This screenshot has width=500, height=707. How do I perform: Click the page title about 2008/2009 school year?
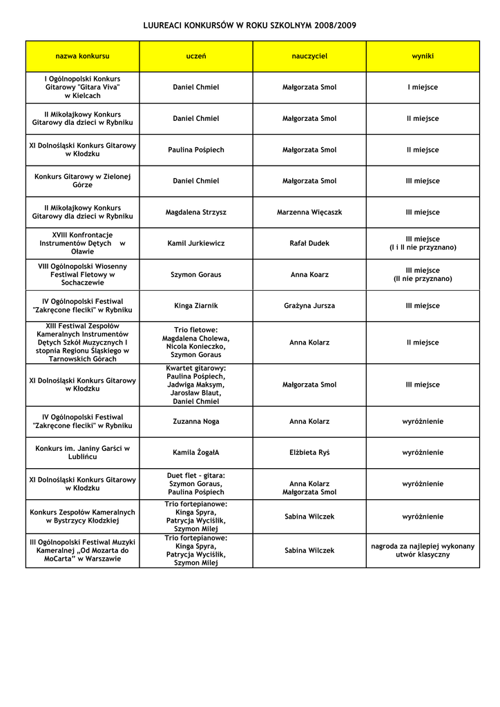click(249, 26)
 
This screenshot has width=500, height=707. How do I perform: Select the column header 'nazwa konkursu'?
click(82, 56)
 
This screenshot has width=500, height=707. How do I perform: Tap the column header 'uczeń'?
click(196, 56)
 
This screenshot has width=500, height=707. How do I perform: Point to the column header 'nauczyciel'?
click(309, 56)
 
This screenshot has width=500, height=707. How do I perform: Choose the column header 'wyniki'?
click(423, 56)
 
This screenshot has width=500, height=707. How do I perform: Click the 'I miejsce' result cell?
click(423, 88)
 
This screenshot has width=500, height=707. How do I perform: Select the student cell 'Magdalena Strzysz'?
click(196, 213)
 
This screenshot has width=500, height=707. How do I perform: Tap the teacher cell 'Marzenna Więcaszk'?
click(309, 213)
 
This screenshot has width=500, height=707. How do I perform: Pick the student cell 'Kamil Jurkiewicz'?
click(196, 244)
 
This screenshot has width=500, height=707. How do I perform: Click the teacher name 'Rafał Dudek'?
click(309, 244)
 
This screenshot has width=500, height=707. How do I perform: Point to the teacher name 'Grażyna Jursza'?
click(309, 306)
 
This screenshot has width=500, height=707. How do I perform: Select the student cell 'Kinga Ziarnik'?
click(196, 306)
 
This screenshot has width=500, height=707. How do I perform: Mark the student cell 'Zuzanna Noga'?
click(196, 422)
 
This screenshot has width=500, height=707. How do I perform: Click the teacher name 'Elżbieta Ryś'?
click(309, 453)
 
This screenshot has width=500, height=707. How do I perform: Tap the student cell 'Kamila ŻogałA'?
click(196, 453)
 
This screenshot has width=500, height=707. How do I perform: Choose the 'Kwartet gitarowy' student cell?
click(196, 385)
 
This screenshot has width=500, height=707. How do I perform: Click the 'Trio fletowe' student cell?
click(196, 342)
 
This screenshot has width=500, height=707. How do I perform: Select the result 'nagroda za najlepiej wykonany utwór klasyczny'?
click(423, 550)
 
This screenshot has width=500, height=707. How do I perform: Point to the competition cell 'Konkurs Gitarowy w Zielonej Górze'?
click(82, 181)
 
